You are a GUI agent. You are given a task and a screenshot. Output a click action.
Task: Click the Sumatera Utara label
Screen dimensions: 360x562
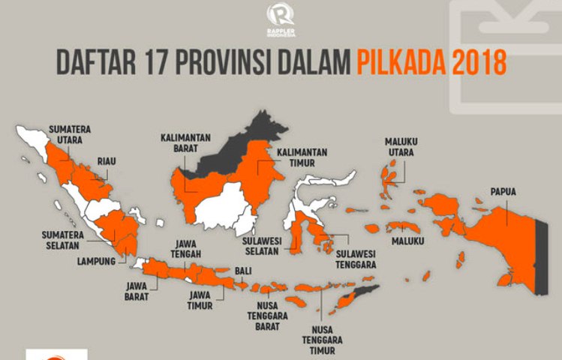[70, 134]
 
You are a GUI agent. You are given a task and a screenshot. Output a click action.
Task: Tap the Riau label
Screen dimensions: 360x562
[106, 160]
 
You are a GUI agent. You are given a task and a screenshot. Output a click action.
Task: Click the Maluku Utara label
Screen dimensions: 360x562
[401, 146]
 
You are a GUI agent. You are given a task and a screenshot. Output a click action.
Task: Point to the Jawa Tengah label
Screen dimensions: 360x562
[185, 248]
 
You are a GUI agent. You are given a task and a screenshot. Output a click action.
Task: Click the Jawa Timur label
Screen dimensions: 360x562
[201, 299]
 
